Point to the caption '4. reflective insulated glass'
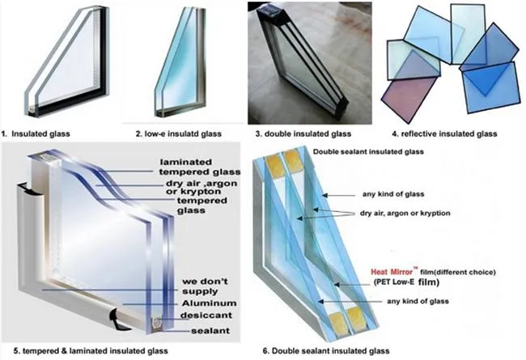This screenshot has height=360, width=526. (444, 133)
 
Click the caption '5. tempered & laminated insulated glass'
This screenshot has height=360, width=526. (84, 351)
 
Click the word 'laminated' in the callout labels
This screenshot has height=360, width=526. (185, 160)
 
